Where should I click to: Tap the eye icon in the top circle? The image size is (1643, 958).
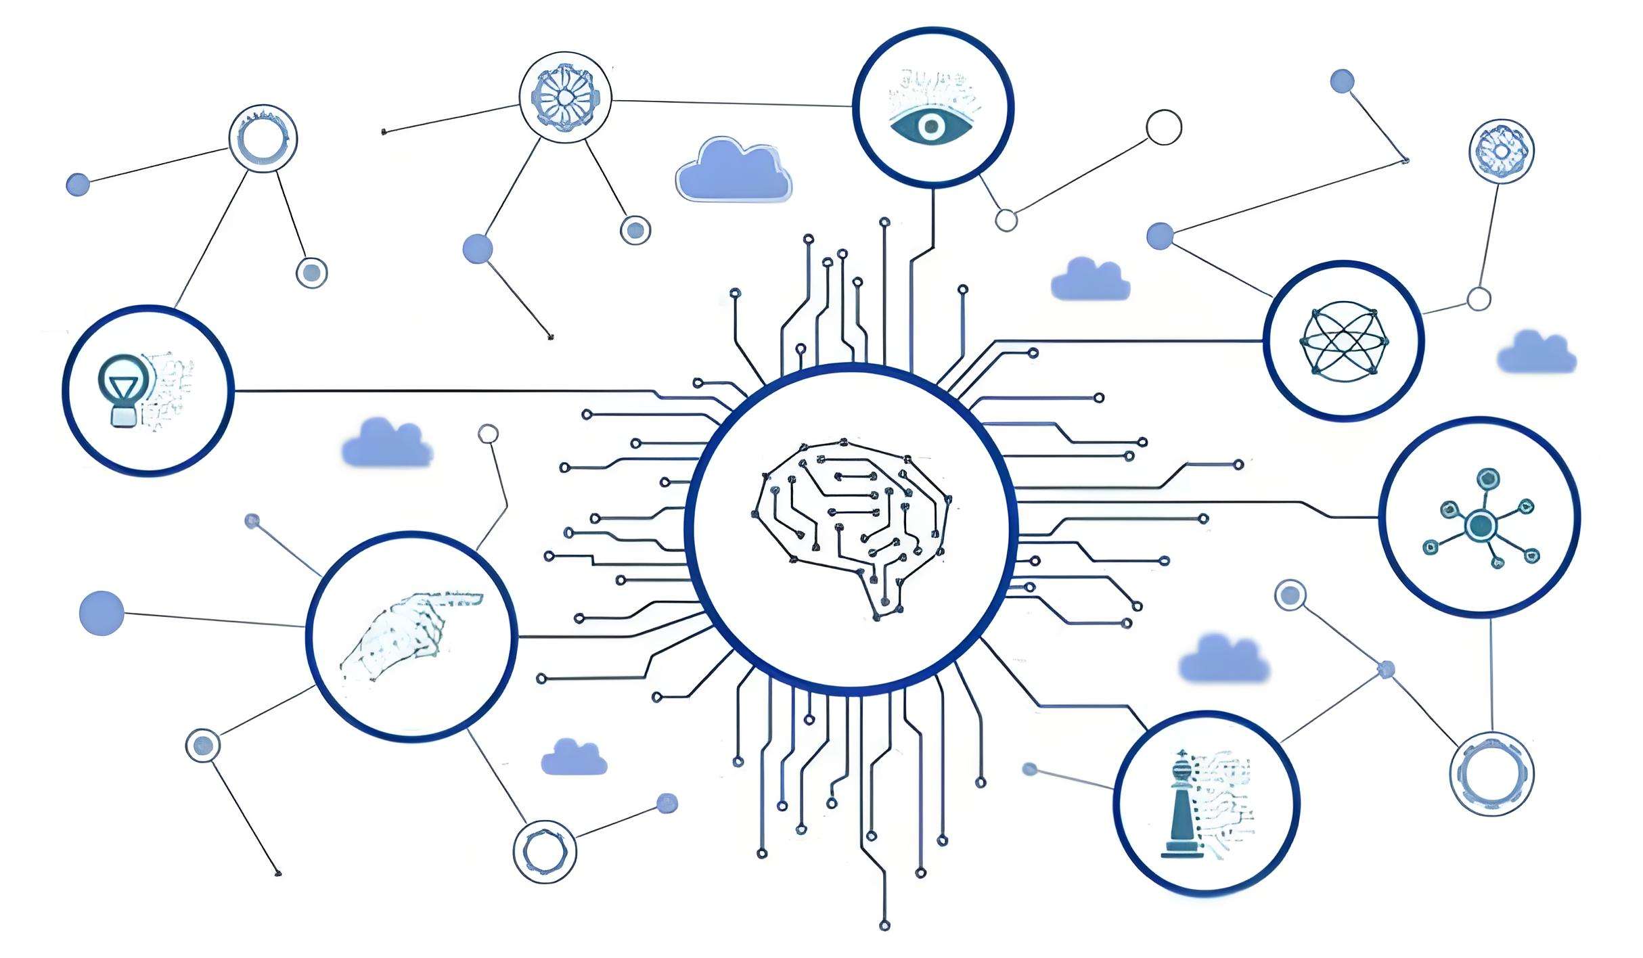932,125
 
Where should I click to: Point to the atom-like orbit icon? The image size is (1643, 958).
1343,341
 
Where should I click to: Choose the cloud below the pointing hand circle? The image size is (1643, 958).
574,758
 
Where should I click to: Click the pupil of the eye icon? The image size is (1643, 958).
932,126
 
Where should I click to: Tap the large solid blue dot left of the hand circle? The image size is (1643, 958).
102,613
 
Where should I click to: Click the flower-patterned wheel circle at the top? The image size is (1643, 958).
565,97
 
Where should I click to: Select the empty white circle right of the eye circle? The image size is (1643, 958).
1164,127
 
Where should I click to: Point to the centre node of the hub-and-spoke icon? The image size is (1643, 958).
1480,525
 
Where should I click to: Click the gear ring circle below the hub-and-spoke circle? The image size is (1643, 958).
1491,773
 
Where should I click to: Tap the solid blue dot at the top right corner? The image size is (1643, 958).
1342,81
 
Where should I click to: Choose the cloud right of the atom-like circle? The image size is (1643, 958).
1536,353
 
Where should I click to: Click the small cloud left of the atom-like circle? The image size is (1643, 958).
1089,280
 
